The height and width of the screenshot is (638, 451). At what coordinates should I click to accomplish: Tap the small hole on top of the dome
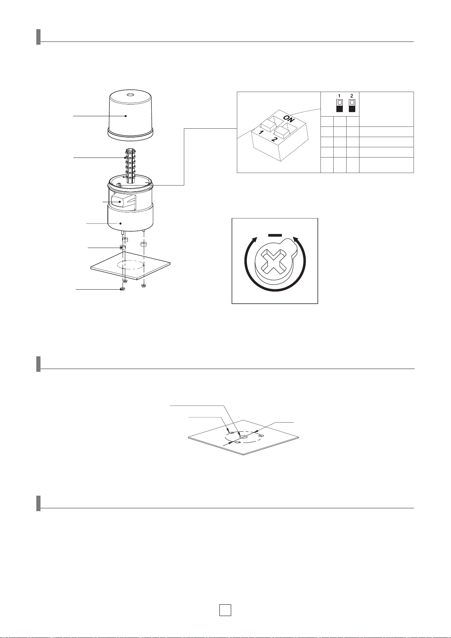coord(130,94)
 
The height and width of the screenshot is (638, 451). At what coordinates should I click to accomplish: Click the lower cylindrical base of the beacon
coord(130,218)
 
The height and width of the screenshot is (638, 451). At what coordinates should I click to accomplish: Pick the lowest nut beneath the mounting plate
coord(122,289)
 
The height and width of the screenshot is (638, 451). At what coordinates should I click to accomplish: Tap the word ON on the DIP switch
coord(289,119)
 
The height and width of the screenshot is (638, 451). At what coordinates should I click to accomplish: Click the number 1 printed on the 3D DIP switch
coord(261,132)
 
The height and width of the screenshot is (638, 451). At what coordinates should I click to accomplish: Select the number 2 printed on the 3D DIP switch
coord(274,139)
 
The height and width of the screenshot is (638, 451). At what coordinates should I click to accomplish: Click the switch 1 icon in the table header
coord(339,105)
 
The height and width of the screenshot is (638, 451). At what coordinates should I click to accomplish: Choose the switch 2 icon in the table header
coord(352,105)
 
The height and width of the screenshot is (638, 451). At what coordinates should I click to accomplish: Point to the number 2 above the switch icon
coord(352,96)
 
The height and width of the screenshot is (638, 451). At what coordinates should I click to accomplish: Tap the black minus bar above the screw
coord(275,235)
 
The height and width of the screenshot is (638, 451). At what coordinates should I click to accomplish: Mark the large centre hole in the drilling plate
coord(244,437)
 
